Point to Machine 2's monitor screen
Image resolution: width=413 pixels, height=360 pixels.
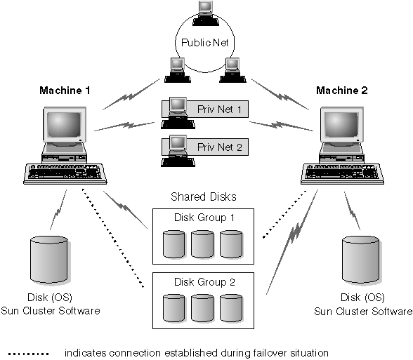[343, 127]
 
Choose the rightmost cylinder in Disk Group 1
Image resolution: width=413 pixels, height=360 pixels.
[232, 243]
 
